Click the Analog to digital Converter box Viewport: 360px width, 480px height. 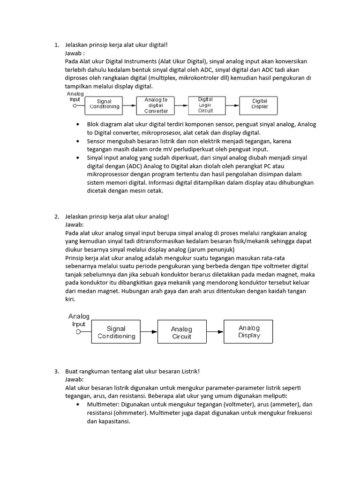click(156, 105)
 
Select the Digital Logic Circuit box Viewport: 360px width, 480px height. click(205, 105)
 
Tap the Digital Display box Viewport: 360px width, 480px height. click(260, 104)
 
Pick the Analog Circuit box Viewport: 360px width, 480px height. click(181, 332)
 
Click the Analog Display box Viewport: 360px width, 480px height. click(249, 332)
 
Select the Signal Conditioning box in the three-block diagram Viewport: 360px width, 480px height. click(116, 332)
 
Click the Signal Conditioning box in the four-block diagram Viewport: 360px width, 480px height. click(104, 104)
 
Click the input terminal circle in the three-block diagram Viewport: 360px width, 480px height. click(79, 332)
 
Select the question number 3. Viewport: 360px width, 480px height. click(56, 371)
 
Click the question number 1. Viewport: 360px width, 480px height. click(56, 45)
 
